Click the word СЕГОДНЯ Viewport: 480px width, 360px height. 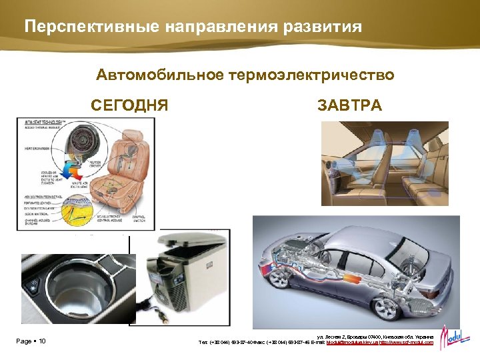coord(129,105)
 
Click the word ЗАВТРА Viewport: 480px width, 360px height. coord(350,105)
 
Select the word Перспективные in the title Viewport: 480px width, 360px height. coord(87,27)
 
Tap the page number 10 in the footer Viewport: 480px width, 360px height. coord(42,342)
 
